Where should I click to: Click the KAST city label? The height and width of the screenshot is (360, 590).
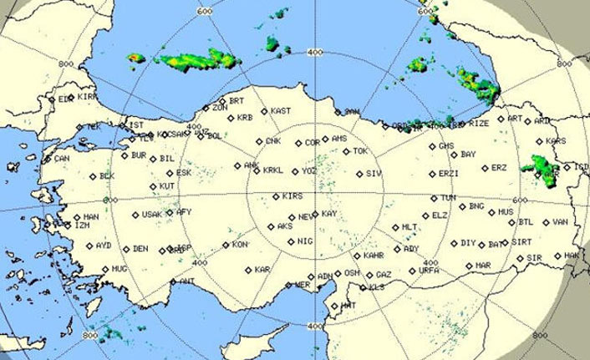(x=282, y=111)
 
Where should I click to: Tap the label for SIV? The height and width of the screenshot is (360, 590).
(x=374, y=174)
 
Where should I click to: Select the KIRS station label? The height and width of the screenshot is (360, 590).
(x=292, y=196)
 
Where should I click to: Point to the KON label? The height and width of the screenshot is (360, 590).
(x=240, y=245)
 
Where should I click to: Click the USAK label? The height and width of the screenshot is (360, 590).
(x=152, y=214)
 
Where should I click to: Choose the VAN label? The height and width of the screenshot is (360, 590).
(x=560, y=222)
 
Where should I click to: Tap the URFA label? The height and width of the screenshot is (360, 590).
(x=429, y=271)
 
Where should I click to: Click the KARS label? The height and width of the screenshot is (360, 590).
(x=556, y=140)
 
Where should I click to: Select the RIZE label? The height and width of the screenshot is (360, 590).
(x=480, y=123)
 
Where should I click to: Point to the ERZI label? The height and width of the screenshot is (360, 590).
(x=449, y=174)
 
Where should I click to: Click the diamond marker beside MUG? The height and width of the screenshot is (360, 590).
(x=105, y=269)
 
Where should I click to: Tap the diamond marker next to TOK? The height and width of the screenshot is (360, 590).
(x=346, y=151)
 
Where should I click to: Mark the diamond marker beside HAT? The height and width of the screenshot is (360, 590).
(x=334, y=306)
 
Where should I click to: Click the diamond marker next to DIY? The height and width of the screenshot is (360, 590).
(x=455, y=243)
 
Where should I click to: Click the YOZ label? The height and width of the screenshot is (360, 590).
(x=309, y=170)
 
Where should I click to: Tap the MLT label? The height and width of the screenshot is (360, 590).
(x=409, y=227)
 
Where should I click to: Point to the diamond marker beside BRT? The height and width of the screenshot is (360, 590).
(x=221, y=100)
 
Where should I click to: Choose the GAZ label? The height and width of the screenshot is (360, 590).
(x=384, y=274)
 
